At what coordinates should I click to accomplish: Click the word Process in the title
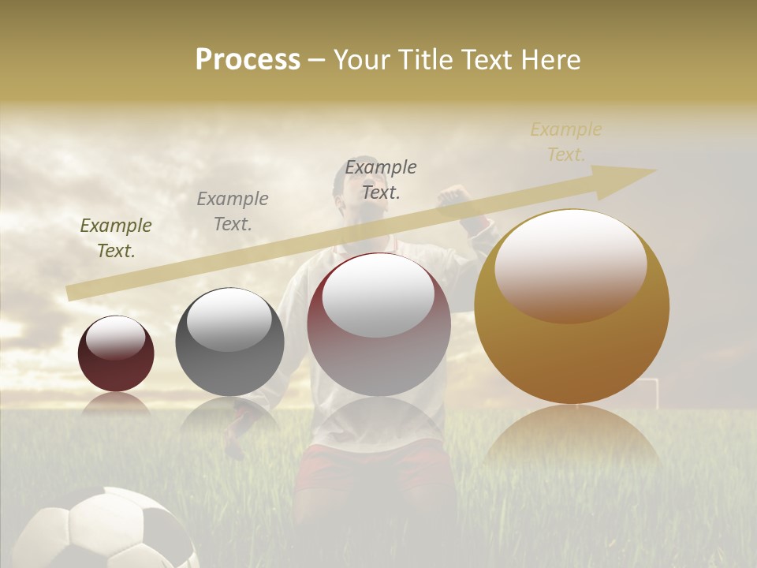248,60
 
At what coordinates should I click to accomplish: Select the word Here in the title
550,60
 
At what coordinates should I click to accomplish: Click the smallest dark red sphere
116,354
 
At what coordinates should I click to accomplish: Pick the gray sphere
229,342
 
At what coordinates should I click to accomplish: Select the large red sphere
378,325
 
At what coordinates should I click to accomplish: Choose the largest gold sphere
572,308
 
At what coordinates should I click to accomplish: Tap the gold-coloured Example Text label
566,142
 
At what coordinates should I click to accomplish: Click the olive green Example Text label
116,238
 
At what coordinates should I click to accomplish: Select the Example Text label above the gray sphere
233,211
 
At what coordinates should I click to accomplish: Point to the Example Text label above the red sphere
381,179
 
